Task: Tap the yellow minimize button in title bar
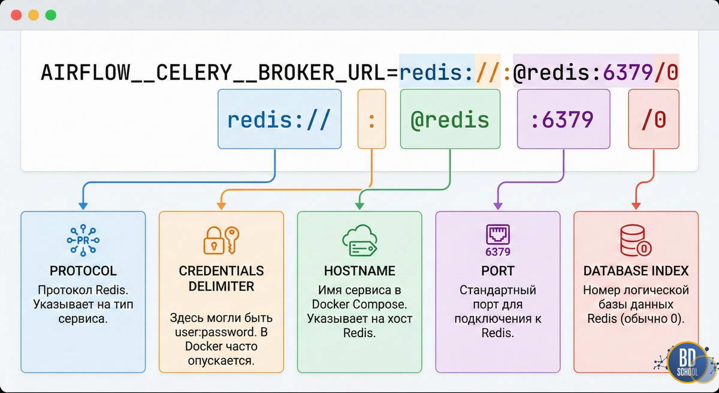point(34,15)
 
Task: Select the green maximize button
point(51,15)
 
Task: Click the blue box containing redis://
point(279,119)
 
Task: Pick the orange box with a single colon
point(371,119)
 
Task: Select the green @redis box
point(449,119)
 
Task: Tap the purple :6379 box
point(563,119)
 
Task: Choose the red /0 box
point(654,119)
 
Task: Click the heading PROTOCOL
point(83,271)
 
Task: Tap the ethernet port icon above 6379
point(498,235)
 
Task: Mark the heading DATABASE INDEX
point(636,271)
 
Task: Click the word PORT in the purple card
point(498,271)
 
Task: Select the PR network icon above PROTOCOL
point(83,241)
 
